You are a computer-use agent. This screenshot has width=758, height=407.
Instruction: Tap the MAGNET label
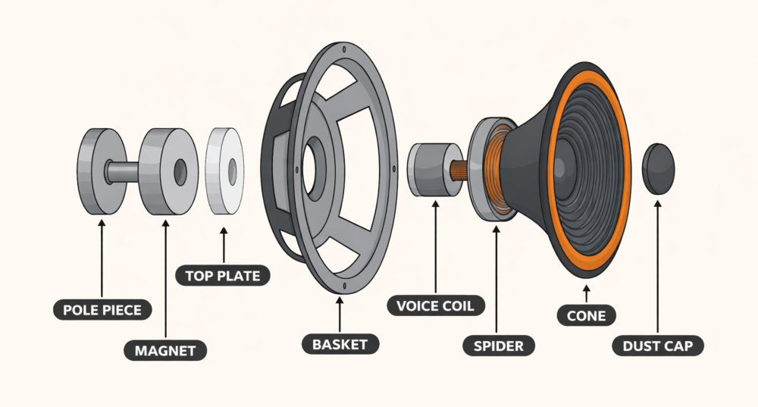165,350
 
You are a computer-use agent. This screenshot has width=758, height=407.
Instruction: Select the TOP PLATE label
222,274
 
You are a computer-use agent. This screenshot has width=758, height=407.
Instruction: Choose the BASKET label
340,344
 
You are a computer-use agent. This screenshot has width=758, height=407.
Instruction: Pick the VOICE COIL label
436,306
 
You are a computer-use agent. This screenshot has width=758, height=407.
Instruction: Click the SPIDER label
499,346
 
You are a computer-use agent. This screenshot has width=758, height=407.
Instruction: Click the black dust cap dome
659,167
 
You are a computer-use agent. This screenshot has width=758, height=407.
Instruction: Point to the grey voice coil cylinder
427,167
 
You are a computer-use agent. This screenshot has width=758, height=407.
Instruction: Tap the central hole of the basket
309,161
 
